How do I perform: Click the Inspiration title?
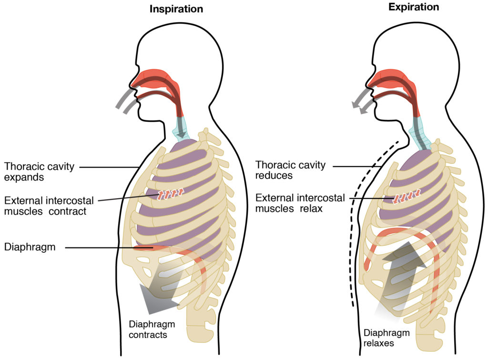(176, 9)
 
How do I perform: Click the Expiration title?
(413, 7)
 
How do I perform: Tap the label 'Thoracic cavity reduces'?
(290, 170)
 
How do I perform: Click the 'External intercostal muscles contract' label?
(48, 205)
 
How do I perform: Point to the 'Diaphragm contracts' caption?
(152, 330)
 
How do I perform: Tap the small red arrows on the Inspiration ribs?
(170, 194)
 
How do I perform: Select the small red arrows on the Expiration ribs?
(406, 196)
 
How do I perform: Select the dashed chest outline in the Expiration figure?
(353, 229)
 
